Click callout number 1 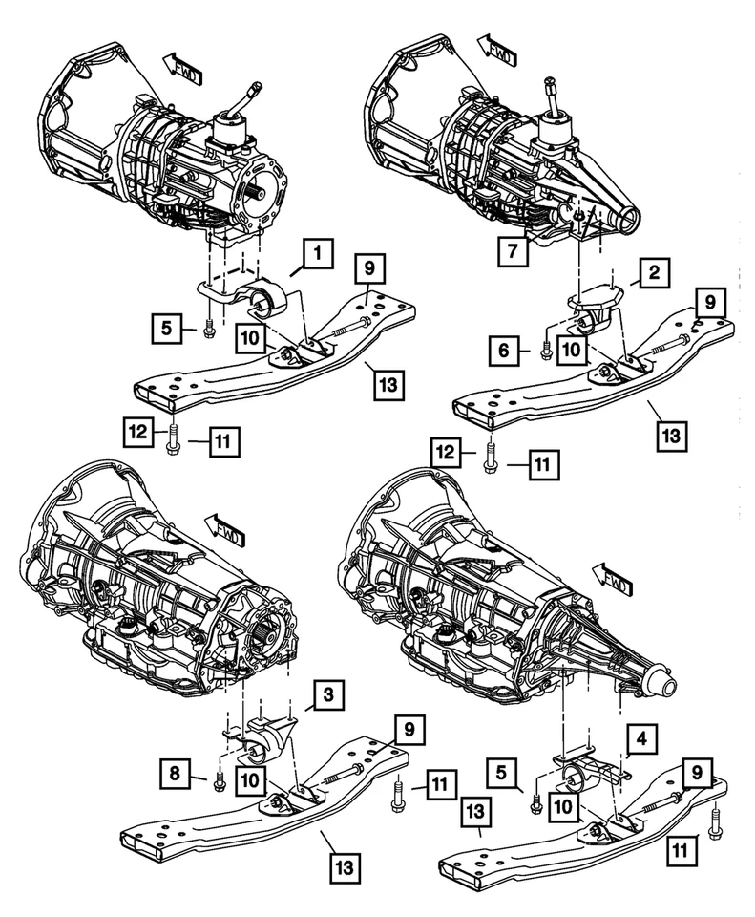tap(319, 254)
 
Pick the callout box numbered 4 tap(641, 738)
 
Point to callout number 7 tap(514, 252)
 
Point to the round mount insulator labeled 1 tap(263, 301)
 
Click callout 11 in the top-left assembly tap(221, 441)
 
